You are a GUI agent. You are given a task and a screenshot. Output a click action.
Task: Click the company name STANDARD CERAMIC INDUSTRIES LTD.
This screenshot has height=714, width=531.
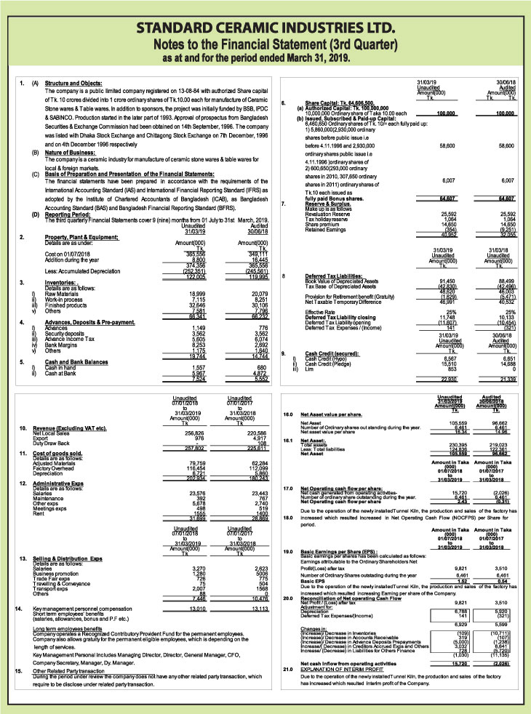265,30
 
